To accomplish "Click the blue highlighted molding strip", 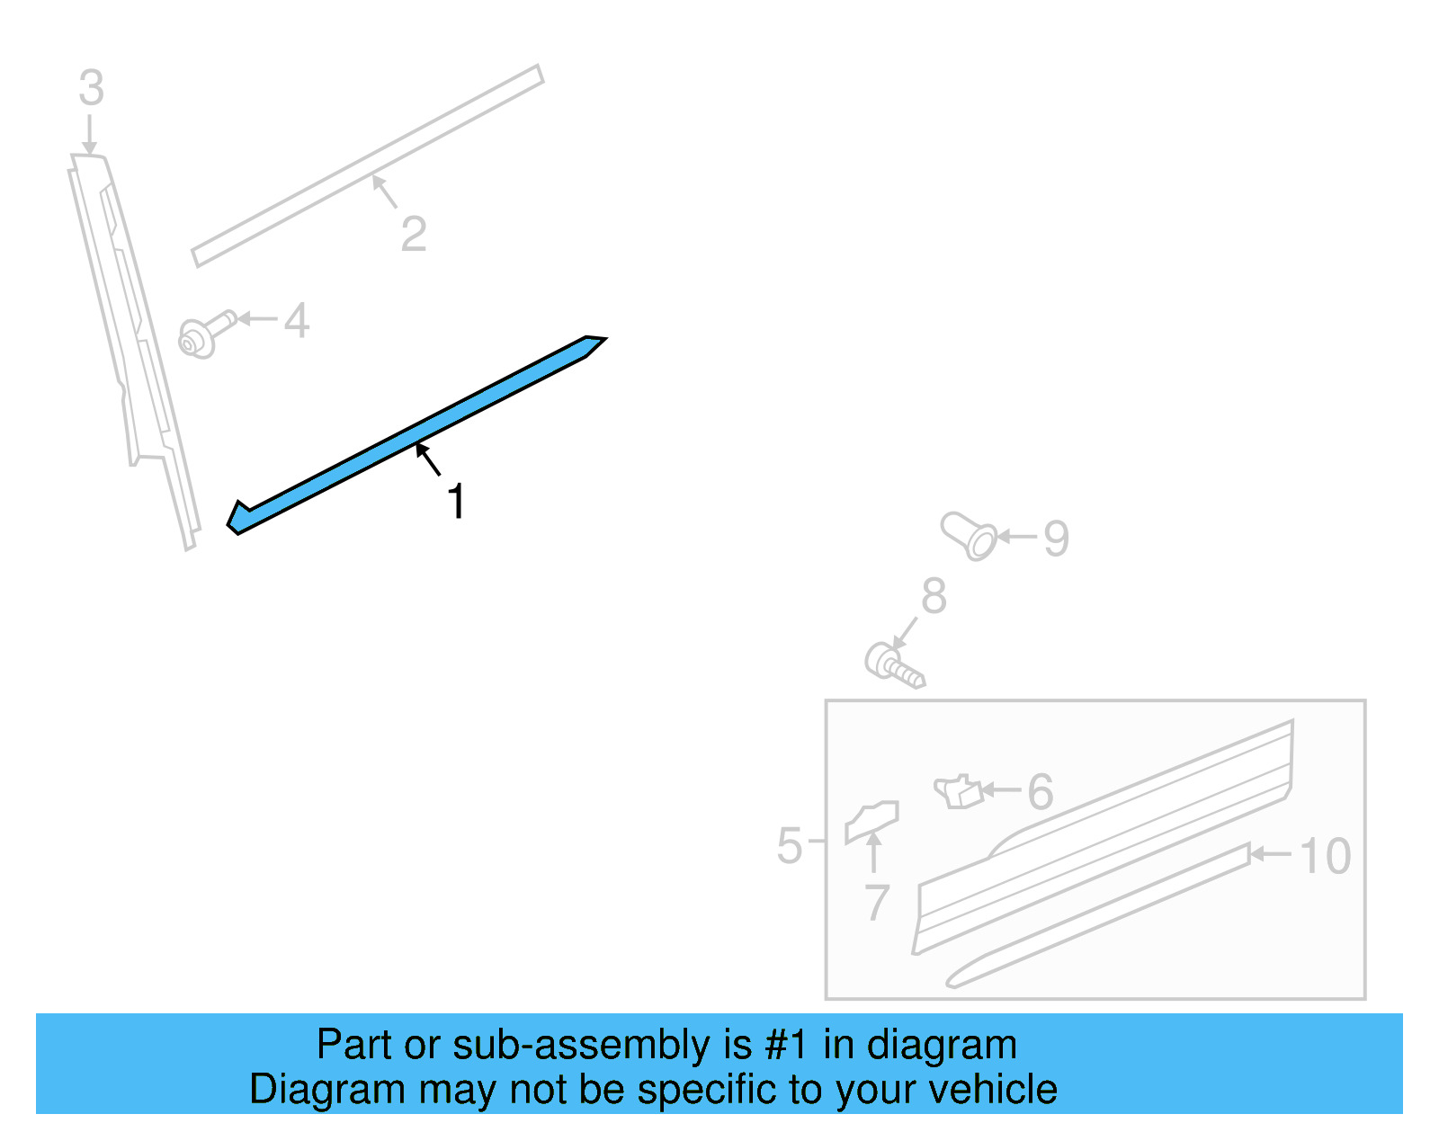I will click(x=414, y=435).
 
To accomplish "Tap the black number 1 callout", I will click(x=456, y=502).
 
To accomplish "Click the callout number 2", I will click(x=413, y=235).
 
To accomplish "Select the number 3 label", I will click(x=91, y=89).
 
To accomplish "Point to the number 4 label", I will click(x=297, y=321).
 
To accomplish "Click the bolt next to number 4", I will click(x=206, y=334).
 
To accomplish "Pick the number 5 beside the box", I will click(x=789, y=846).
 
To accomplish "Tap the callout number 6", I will click(x=1040, y=792).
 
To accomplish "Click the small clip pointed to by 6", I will click(x=958, y=791).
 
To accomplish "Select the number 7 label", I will click(x=877, y=902).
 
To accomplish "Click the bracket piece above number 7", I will click(x=871, y=820).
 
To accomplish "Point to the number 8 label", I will click(x=934, y=596).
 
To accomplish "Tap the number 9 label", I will click(x=1056, y=539).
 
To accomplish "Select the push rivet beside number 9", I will click(x=969, y=535).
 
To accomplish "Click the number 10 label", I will click(x=1325, y=856).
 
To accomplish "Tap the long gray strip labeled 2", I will click(x=369, y=165).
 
